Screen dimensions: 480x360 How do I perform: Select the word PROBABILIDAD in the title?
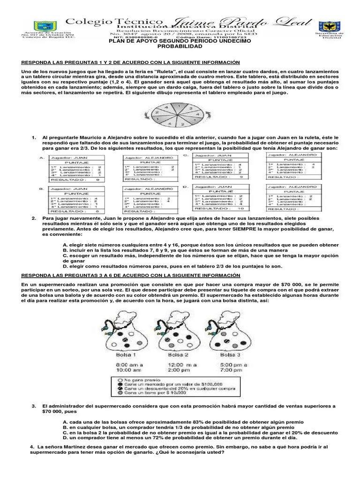[180, 47]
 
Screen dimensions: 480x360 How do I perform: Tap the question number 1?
[34, 137]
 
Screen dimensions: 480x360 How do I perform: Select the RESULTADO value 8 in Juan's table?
[97, 211]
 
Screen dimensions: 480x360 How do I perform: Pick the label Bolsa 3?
[231, 355]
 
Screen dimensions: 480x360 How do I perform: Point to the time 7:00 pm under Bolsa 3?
[231, 370]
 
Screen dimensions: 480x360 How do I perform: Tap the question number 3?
[34, 405]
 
